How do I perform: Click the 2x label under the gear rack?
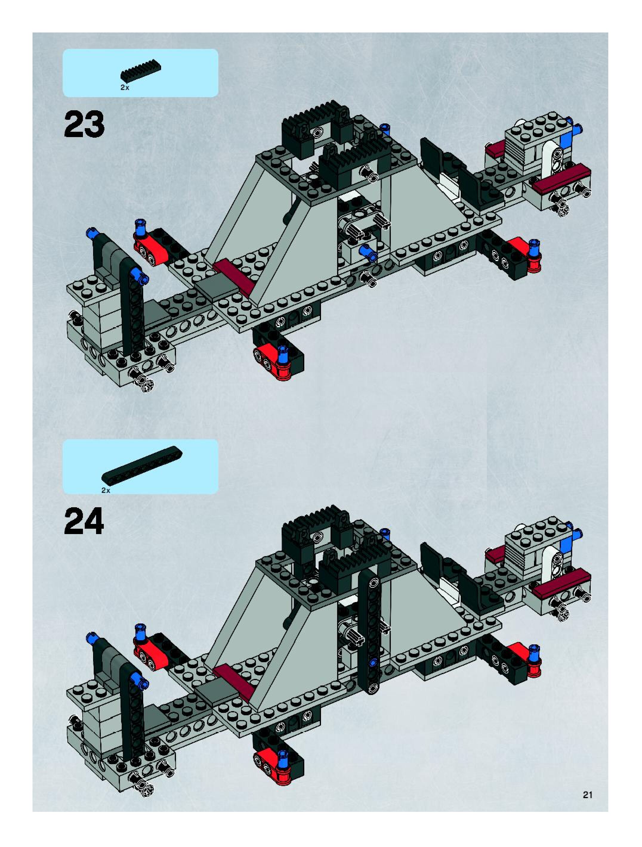pos(125,88)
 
